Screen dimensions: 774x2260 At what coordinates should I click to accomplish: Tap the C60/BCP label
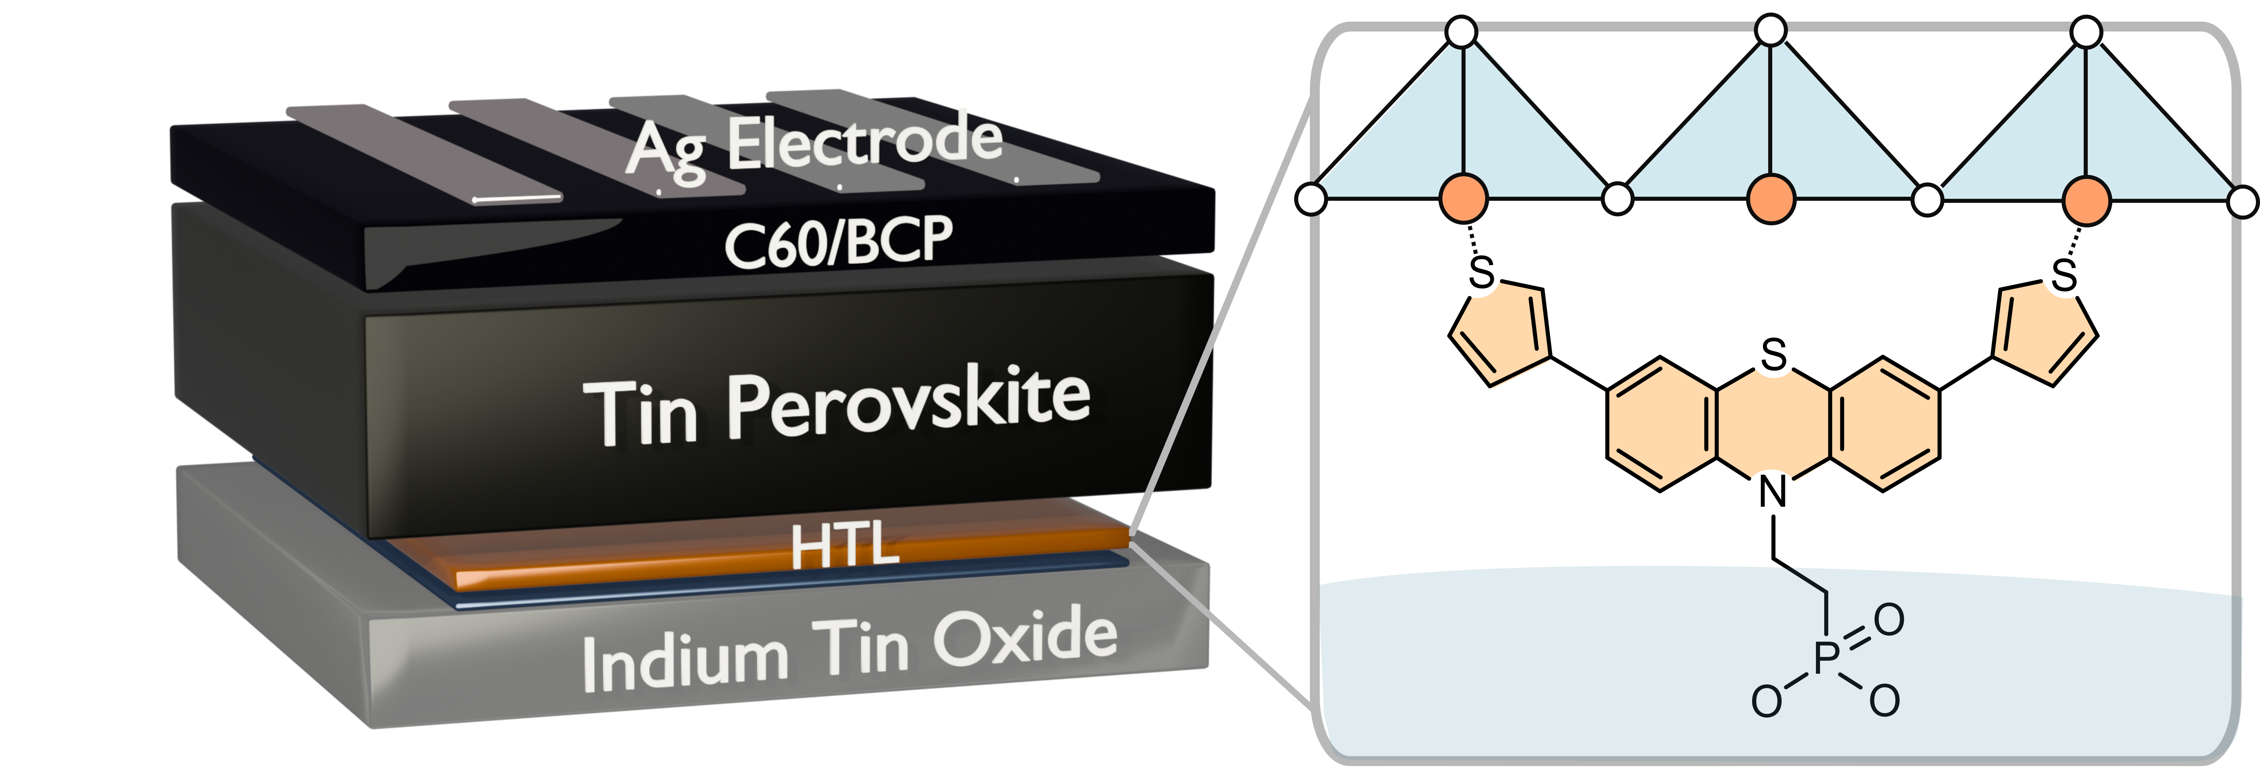point(838,241)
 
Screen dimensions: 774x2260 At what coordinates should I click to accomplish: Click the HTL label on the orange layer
point(844,546)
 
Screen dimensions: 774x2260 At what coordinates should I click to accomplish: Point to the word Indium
point(684,663)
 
